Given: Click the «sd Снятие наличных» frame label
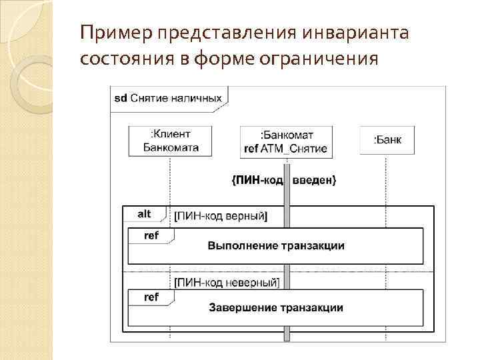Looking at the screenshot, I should click(167, 98).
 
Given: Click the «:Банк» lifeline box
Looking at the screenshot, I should click(386, 141).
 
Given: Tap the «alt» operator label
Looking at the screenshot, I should click(145, 214).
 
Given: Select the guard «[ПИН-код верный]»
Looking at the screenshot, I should click(220, 216).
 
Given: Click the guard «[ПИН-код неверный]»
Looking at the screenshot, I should click(225, 283).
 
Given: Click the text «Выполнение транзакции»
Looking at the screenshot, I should click(276, 246).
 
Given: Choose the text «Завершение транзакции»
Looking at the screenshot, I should click(276, 307).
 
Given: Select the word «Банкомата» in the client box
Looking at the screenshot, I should click(171, 147).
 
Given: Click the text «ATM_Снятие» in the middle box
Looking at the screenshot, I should click(295, 148).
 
